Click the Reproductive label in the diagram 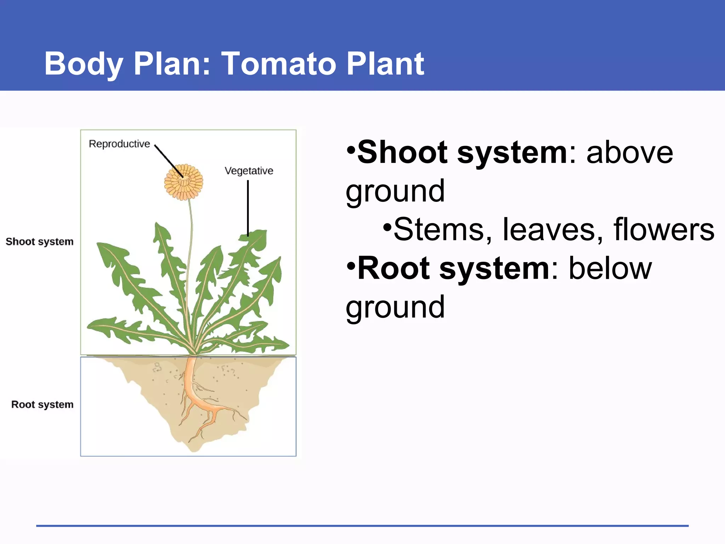(x=119, y=144)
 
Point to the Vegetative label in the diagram (x=249, y=171)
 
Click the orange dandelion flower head (x=183, y=182)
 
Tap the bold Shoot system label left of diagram (x=40, y=242)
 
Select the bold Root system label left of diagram (x=42, y=404)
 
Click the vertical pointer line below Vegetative (x=248, y=208)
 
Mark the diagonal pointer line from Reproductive (x=169, y=161)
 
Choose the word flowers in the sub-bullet (x=664, y=229)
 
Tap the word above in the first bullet (x=630, y=152)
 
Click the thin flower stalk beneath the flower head (x=190, y=269)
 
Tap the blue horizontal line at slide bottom (x=362, y=526)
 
